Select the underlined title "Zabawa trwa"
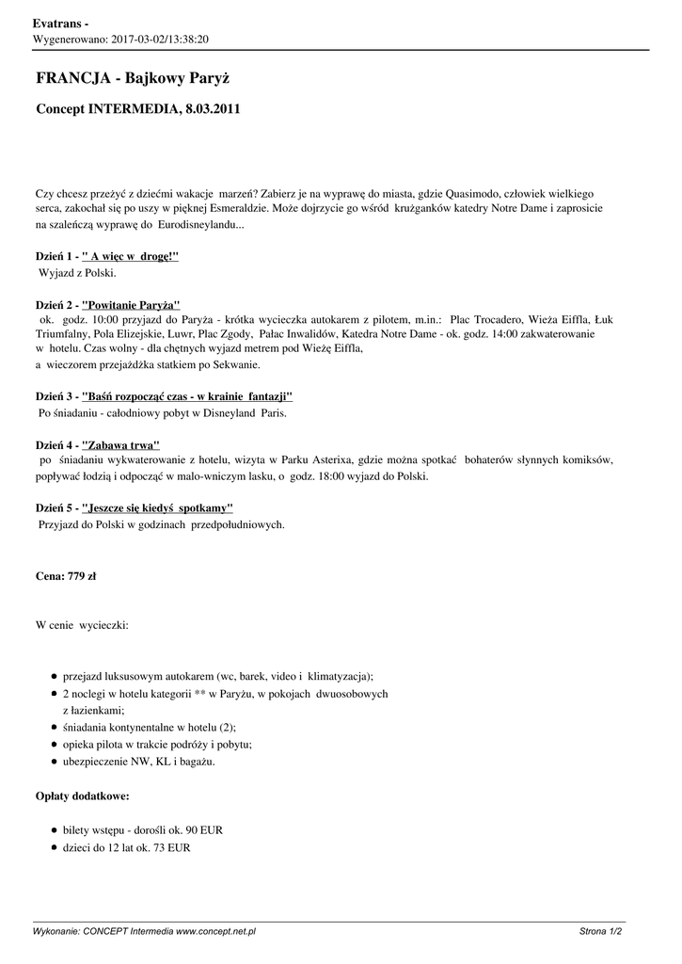[x=121, y=444]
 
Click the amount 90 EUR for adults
[x=204, y=830]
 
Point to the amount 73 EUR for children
[x=172, y=847]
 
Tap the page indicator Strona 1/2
[x=600, y=931]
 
